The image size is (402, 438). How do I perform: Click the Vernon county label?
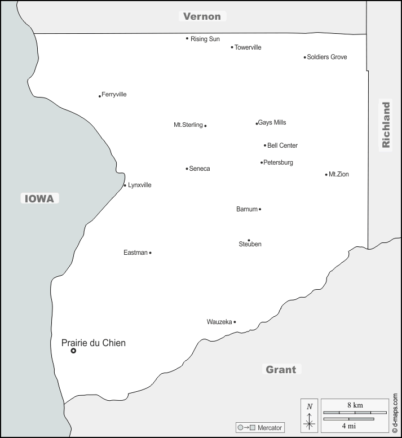pos(202,16)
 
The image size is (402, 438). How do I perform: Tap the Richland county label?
pos(386,125)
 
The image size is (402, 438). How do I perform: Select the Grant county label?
pos(281,370)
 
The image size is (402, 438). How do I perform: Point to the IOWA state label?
pos(39,198)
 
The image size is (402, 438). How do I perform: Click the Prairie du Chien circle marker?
pos(73,351)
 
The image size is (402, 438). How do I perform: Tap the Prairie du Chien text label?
pos(93,343)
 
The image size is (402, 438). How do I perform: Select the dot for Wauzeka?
pos(235,322)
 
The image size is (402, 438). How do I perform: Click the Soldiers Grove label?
pos(327,57)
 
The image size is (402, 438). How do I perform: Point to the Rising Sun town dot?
pos(187,38)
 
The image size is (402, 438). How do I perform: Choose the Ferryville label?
pos(114,94)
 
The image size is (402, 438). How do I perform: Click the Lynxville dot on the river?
pos(125,185)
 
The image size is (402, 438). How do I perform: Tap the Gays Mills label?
pos(272,122)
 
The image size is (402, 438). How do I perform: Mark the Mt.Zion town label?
pos(339,174)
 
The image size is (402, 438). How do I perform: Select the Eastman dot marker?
pos(150,253)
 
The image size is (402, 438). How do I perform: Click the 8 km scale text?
pos(355,405)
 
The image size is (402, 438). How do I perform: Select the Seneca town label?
pos(200,169)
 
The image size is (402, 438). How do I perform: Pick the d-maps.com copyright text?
pos(396,414)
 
